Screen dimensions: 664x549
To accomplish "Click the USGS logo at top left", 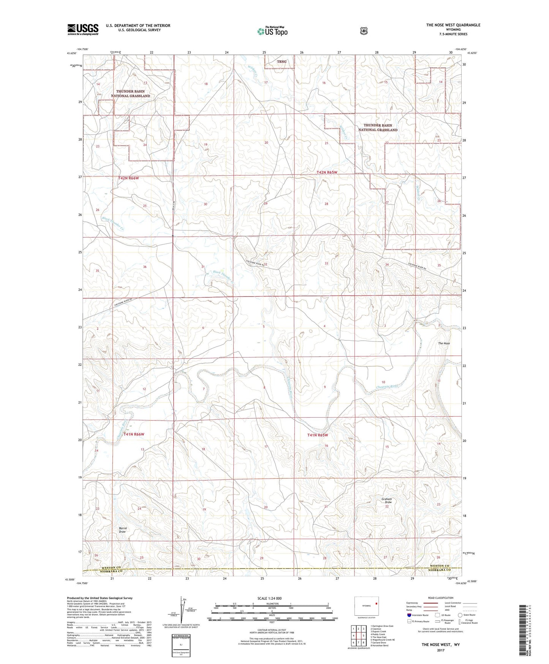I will pyautogui.click(x=83, y=29).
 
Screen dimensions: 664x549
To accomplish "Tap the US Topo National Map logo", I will pyautogui.click(x=272, y=31).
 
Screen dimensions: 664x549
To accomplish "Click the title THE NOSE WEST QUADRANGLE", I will pyautogui.click(x=453, y=25).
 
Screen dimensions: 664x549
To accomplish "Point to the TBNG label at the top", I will pyautogui.click(x=281, y=62).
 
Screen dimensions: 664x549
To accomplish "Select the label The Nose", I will pyautogui.click(x=444, y=343).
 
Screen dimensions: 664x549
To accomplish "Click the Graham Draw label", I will pyautogui.click(x=387, y=500).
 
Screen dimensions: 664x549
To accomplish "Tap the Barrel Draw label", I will pyautogui.click(x=122, y=530).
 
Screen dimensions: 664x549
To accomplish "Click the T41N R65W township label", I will pyautogui.click(x=317, y=435).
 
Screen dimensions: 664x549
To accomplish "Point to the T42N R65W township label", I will pyautogui.click(x=327, y=172).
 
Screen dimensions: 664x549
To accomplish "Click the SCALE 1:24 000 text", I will pyautogui.click(x=269, y=598).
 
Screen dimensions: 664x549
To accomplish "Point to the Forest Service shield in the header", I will pyautogui.click(x=364, y=31).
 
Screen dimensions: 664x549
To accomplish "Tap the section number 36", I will pyautogui.click(x=145, y=267).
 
